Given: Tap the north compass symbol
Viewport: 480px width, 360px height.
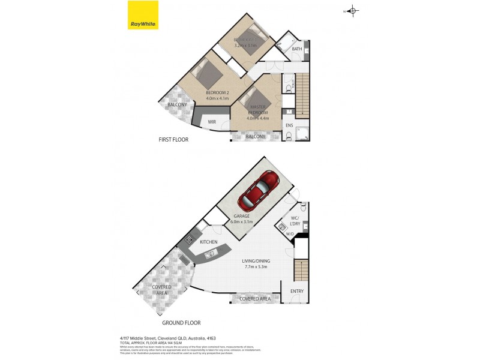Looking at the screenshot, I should [x=352, y=10].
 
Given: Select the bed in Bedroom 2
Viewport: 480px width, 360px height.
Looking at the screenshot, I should [x=207, y=74].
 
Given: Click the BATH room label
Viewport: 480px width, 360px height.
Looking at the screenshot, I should [x=297, y=49].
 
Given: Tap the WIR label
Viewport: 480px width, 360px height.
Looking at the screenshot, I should [x=212, y=122].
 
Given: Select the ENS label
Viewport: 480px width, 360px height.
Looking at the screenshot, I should [x=289, y=125].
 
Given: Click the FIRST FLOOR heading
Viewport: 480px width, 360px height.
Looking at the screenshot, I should [x=173, y=140].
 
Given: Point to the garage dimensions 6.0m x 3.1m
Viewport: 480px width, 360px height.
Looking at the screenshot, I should [x=243, y=221].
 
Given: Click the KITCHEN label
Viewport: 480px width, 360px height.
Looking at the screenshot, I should [x=208, y=242].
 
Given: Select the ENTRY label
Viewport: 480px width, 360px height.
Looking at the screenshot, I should [x=297, y=292].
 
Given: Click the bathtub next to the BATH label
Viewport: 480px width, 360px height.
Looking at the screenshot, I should [x=281, y=50].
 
